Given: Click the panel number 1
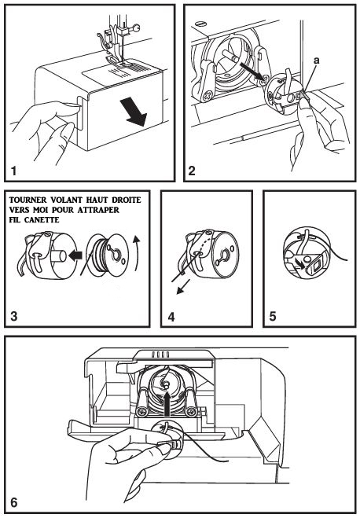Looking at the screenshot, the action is pyautogui.click(x=13, y=171).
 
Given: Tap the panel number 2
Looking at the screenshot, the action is pyautogui.click(x=192, y=171).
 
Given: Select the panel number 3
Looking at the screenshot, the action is pyautogui.click(x=14, y=316).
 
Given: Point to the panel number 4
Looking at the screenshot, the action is pyautogui.click(x=171, y=317).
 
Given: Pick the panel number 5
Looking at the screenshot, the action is pyautogui.click(x=273, y=316).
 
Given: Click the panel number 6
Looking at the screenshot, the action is pyautogui.click(x=14, y=503).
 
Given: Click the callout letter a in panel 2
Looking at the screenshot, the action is pyautogui.click(x=317, y=61).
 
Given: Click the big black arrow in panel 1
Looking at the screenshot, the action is pyautogui.click(x=133, y=112).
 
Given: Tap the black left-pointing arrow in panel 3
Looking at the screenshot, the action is pyautogui.click(x=75, y=255).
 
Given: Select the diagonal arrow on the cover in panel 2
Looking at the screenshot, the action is pyautogui.click(x=252, y=72).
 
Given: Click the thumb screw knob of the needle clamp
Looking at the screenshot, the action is pyautogui.click(x=136, y=29).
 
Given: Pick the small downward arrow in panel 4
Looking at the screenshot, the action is pyautogui.click(x=183, y=286).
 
